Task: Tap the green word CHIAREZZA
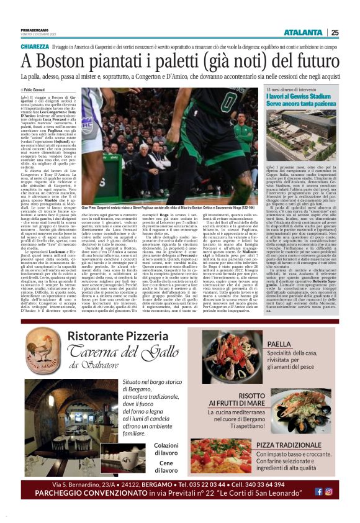[34, 47]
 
